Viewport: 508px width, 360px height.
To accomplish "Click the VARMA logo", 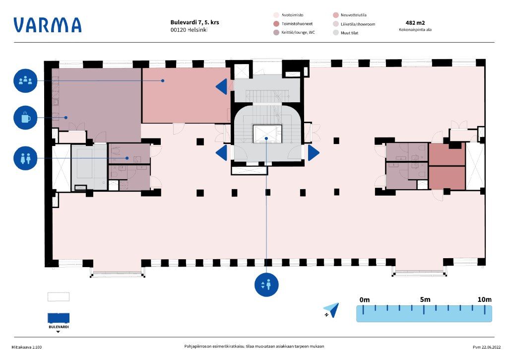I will pyautogui.click(x=47, y=25).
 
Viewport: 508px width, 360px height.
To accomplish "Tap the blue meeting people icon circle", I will pyautogui.click(x=25, y=80).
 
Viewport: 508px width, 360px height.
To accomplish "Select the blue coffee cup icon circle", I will pyautogui.click(x=25, y=118).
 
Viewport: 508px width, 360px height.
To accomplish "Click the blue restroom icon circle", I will pyautogui.click(x=25, y=158).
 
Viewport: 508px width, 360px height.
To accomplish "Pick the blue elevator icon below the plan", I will pyautogui.click(x=266, y=285).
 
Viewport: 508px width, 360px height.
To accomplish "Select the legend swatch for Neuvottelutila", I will pyautogui.click(x=336, y=15).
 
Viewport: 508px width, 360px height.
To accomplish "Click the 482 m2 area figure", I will pyautogui.click(x=415, y=22).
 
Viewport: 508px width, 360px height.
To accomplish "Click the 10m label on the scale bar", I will pyautogui.click(x=484, y=299).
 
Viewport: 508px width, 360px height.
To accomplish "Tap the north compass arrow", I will pyautogui.click(x=332, y=309).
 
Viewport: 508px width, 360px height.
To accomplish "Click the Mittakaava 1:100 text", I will pyautogui.click(x=27, y=347).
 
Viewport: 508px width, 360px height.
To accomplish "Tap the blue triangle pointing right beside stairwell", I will pyautogui.click(x=313, y=152).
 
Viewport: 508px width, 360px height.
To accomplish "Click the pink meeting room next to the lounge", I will pyautogui.click(x=186, y=95).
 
